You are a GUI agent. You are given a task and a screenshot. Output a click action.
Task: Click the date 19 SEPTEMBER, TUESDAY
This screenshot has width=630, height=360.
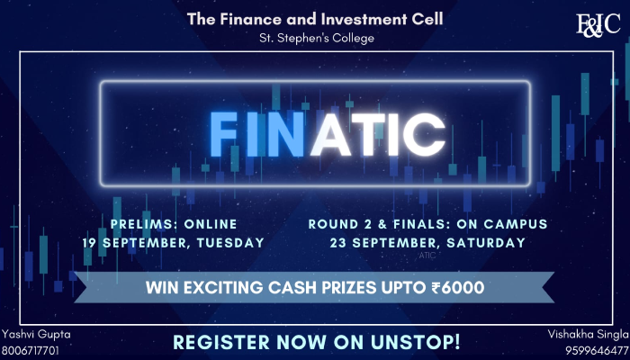pyautogui.click(x=185, y=242)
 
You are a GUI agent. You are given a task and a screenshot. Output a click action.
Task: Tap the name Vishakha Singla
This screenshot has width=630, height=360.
pyautogui.click(x=588, y=334)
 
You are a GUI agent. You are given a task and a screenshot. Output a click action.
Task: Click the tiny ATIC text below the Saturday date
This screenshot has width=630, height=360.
pyautogui.click(x=427, y=255)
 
